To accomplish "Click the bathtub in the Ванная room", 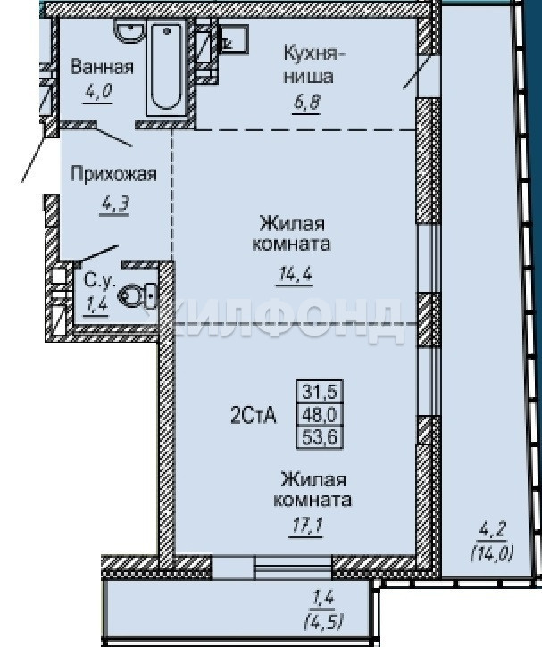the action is click(x=166, y=66).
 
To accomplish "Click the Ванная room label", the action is click(x=102, y=67).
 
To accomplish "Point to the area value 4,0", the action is click(x=98, y=91).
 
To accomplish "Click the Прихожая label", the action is click(x=113, y=174).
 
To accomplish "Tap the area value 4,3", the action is click(x=115, y=203).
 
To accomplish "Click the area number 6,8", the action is click(x=306, y=102).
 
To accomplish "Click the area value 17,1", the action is click(x=306, y=527).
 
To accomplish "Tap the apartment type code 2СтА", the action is click(x=253, y=415).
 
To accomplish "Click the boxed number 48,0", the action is click(x=320, y=414).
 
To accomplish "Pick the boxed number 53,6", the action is click(x=320, y=437).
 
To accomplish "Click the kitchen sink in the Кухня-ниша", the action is click(x=234, y=38).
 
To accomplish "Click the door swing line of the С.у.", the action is click(x=98, y=253).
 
